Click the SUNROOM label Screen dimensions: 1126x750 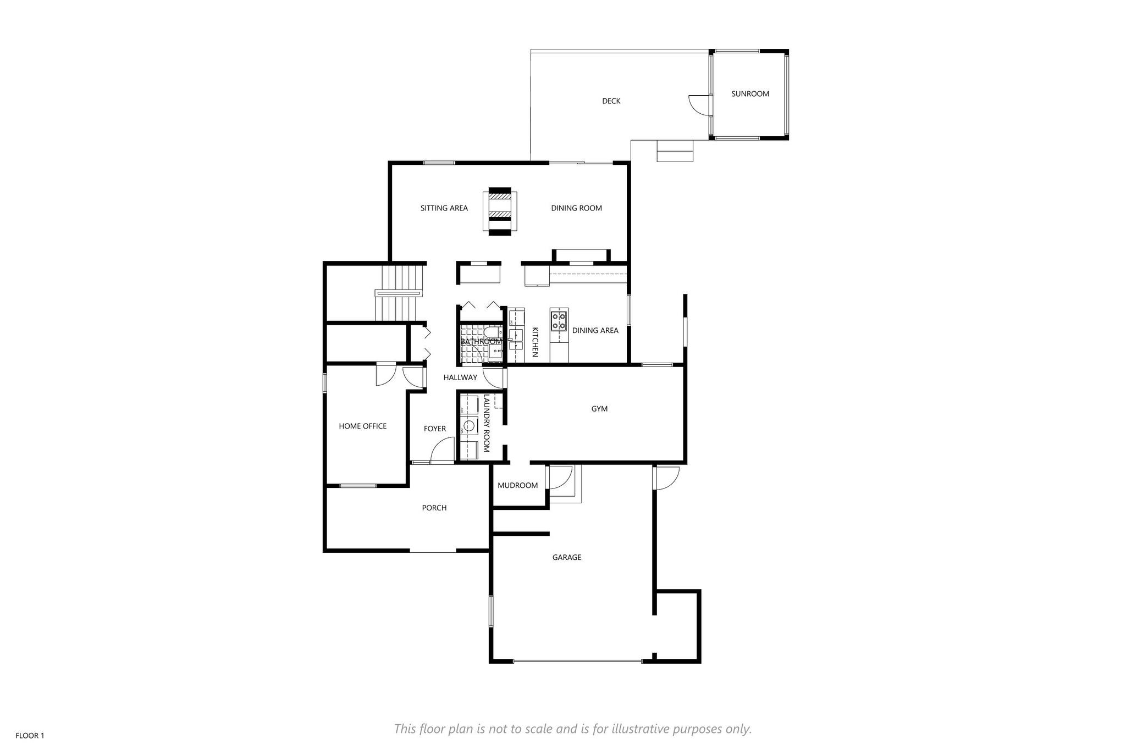tap(750, 94)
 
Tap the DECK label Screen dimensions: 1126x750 tap(611, 101)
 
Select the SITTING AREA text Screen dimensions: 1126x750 tap(444, 208)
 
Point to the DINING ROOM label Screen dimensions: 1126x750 tap(577, 208)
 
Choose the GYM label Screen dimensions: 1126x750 tap(599, 409)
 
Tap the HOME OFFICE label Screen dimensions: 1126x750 tap(363, 426)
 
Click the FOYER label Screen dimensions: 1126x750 tap(435, 429)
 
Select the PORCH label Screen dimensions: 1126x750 tap(434, 508)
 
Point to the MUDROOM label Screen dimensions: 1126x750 tap(517, 485)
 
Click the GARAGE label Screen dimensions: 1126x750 tap(567, 557)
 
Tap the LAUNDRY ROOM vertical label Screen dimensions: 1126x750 tap(486, 423)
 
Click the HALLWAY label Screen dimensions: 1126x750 tap(460, 377)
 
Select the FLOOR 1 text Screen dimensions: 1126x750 tap(30, 736)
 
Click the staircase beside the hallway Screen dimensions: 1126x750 tap(400, 293)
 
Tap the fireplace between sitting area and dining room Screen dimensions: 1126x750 tap(500, 212)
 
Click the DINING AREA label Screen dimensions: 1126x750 tap(595, 330)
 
